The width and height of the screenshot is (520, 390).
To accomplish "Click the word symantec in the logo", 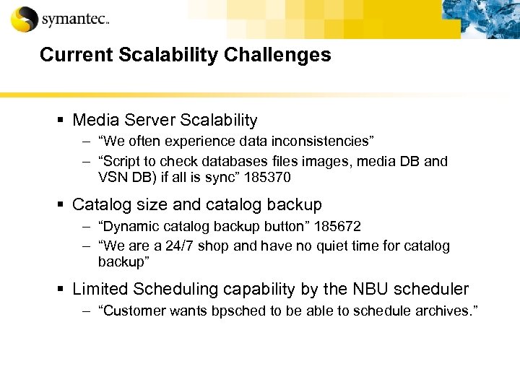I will [74, 19].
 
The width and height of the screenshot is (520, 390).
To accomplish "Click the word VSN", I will [113, 176].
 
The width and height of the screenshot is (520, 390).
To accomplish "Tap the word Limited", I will [98, 290].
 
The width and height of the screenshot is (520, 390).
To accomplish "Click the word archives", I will [445, 311].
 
